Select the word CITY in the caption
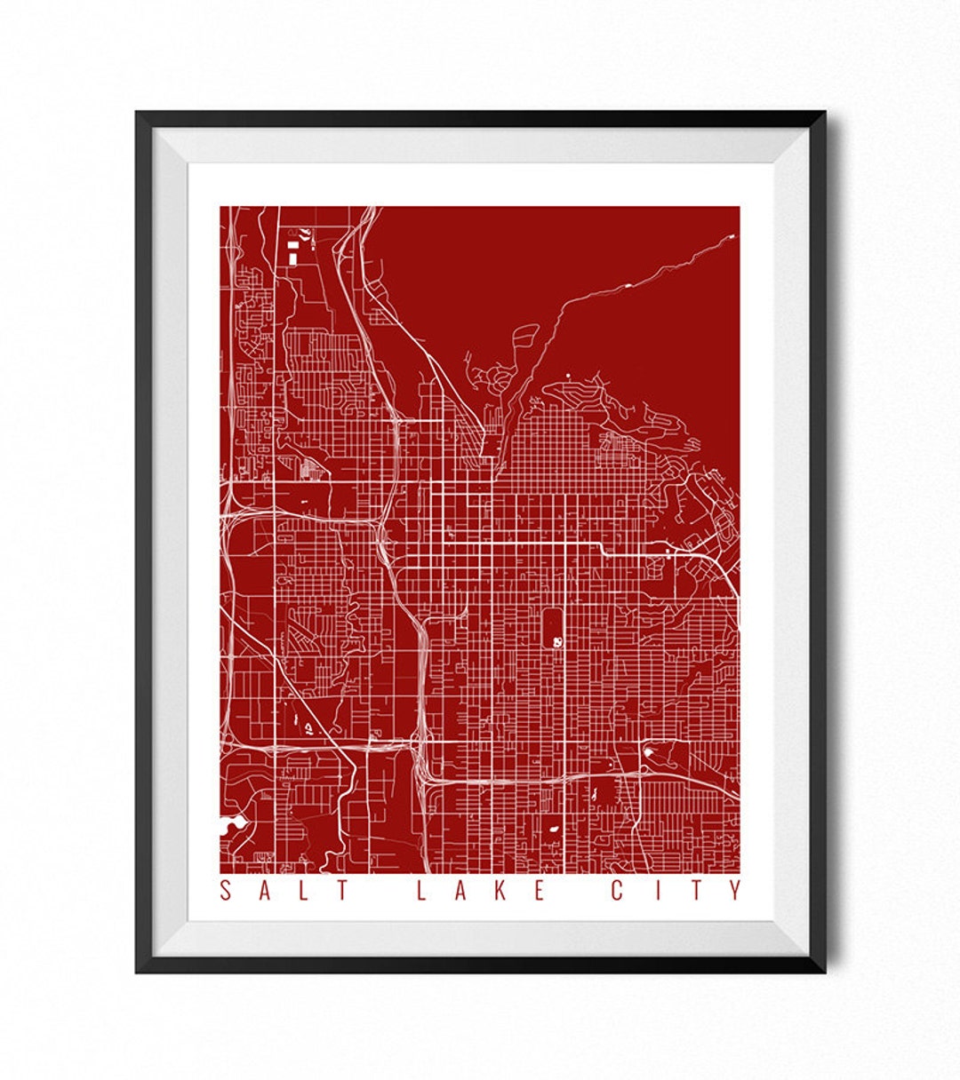click(x=676, y=890)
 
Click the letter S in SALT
click(x=226, y=890)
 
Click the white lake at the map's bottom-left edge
click(x=229, y=827)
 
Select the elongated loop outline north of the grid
click(x=525, y=342)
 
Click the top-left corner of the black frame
click(x=139, y=114)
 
